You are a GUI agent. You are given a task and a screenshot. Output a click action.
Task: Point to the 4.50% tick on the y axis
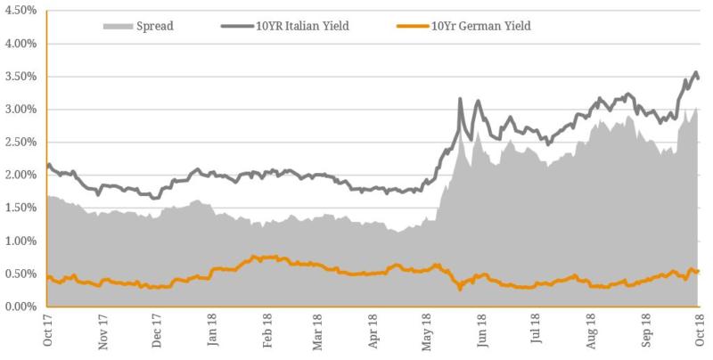20,11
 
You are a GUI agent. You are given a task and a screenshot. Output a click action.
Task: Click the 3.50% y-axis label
20,77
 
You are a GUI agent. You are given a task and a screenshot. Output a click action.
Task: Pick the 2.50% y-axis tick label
20,143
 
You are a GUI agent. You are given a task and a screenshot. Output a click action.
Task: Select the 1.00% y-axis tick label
20,241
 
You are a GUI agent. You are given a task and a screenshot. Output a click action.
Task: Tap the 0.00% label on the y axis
20,307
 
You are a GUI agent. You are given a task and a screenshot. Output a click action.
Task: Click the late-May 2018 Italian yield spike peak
460,99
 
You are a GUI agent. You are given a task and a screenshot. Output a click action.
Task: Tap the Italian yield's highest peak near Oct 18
695,72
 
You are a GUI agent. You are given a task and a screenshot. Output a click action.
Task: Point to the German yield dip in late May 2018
460,288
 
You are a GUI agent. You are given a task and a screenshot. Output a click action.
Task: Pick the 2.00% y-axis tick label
20,176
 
